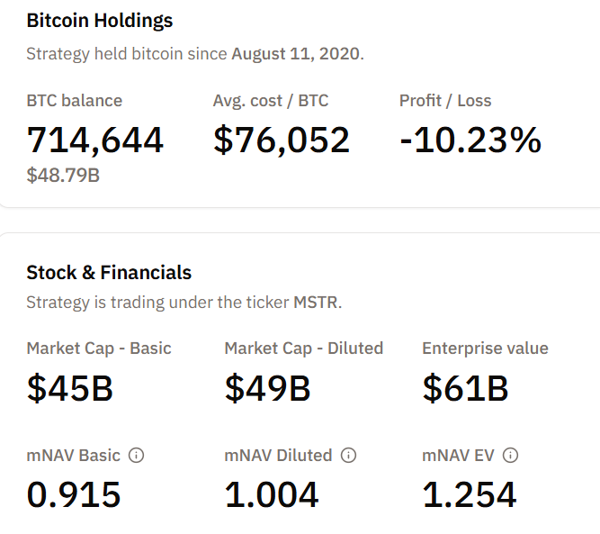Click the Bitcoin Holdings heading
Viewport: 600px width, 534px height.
click(99, 21)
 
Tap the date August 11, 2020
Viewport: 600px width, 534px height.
click(296, 53)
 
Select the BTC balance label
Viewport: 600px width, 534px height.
click(75, 101)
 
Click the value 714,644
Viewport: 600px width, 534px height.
click(95, 140)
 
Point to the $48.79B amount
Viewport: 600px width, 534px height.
click(63, 175)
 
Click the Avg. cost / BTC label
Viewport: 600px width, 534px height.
click(271, 101)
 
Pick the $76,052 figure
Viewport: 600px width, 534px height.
click(282, 140)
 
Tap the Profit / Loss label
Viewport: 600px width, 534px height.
click(445, 101)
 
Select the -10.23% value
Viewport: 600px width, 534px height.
click(470, 140)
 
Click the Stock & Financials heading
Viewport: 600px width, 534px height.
click(109, 273)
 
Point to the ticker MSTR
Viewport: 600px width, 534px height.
click(316, 303)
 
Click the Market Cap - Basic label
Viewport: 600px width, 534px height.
click(99, 348)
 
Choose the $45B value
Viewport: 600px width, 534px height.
click(70, 388)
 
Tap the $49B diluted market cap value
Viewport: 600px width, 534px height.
click(268, 388)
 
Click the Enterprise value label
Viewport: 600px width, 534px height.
click(485, 348)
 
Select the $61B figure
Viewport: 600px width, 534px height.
click(466, 388)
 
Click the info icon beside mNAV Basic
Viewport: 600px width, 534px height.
click(137, 456)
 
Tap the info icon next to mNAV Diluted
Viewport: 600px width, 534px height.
click(349, 456)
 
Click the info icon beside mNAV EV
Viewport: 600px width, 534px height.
click(511, 456)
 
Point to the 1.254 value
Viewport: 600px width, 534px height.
click(470, 494)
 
